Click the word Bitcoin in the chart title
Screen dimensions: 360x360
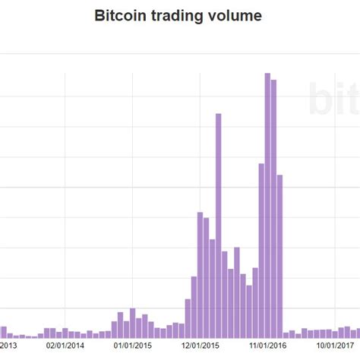pyautogui.click(x=118, y=15)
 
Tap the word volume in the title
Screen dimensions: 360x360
pyautogui.click(x=234, y=15)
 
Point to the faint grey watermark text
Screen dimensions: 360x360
pyautogui.click(x=334, y=99)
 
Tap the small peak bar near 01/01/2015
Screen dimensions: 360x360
pyautogui.click(x=132, y=323)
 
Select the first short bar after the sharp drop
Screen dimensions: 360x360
pyautogui.click(x=286, y=334)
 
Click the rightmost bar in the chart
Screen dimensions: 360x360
pyautogui.click(x=357, y=333)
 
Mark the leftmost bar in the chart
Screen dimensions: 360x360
pyautogui.click(x=3, y=332)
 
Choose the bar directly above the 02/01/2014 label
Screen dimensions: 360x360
pyautogui.click(x=65, y=333)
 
